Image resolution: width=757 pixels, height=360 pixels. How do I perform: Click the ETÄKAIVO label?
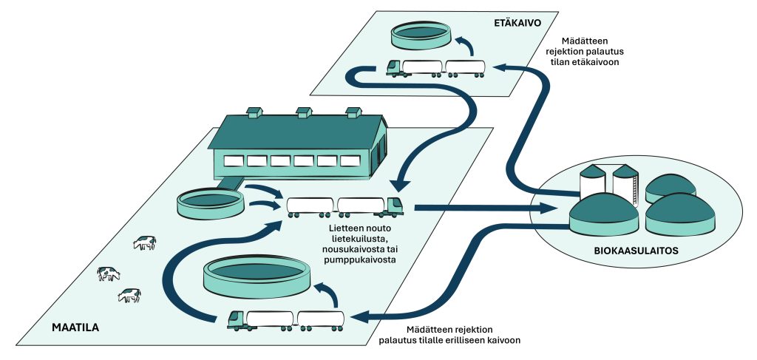(518, 23)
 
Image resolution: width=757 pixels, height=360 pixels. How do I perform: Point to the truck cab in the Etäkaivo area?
(394, 68)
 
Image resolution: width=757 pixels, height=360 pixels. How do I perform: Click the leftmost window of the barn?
(234, 160)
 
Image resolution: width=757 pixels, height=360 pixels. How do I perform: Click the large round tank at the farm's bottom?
(256, 274)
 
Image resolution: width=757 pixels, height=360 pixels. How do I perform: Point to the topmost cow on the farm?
(145, 242)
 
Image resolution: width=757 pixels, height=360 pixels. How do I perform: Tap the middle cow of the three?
(108, 274)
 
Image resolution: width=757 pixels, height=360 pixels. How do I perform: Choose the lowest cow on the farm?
(129, 296)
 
